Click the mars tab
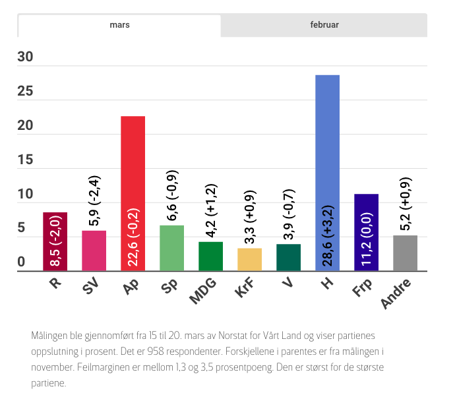click(119, 25)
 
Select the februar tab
click(324, 25)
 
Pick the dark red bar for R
click(55, 241)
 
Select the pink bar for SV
click(94, 251)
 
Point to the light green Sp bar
click(171, 248)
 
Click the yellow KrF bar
click(249, 259)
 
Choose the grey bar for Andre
click(405, 253)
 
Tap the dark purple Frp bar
click(366, 232)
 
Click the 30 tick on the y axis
click(26, 57)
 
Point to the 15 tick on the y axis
click(26, 160)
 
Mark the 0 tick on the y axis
click(22, 262)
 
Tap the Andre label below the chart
click(398, 293)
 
